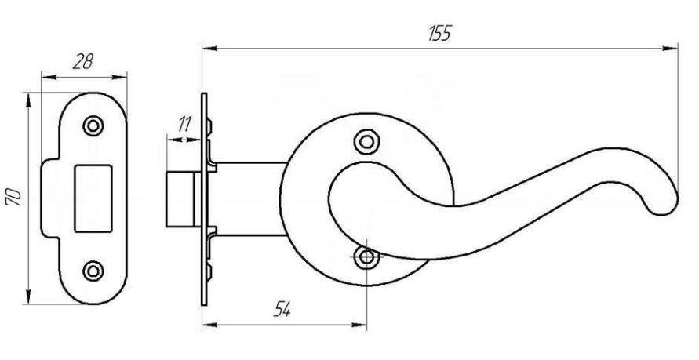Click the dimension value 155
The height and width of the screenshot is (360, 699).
tap(440, 33)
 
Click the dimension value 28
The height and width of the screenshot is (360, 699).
tap(82, 62)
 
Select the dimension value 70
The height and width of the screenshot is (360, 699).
tap(13, 197)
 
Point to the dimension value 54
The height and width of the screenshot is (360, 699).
tap(282, 309)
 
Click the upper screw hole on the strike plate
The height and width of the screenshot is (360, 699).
tap(93, 125)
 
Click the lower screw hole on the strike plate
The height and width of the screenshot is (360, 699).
tap(93, 271)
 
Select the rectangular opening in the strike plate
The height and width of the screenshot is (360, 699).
tap(93, 198)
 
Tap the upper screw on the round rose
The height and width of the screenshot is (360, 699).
tap(366, 142)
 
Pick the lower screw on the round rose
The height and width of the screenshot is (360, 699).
tap(366, 257)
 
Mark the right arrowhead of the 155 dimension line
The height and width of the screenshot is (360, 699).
tap(670, 48)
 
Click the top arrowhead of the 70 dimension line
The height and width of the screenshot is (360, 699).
tap(28, 100)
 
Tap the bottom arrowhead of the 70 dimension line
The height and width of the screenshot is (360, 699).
tap(28, 296)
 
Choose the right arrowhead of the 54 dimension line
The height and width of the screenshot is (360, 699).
tap(359, 325)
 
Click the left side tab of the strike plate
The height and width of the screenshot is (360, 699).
tap(50, 198)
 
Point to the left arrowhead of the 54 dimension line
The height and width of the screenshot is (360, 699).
tap(210, 325)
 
